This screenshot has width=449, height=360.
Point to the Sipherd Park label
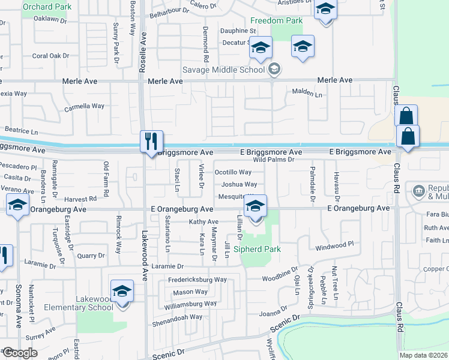click(x=257, y=248)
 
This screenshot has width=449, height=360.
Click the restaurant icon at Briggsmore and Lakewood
click(x=149, y=142)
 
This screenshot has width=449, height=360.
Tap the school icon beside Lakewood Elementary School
click(x=122, y=290)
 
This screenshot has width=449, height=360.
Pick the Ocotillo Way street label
click(x=233, y=172)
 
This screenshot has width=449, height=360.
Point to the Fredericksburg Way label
click(x=197, y=280)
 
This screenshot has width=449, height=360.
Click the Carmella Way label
click(x=84, y=106)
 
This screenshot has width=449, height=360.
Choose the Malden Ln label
click(x=307, y=91)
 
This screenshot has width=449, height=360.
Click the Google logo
click(x=19, y=353)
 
